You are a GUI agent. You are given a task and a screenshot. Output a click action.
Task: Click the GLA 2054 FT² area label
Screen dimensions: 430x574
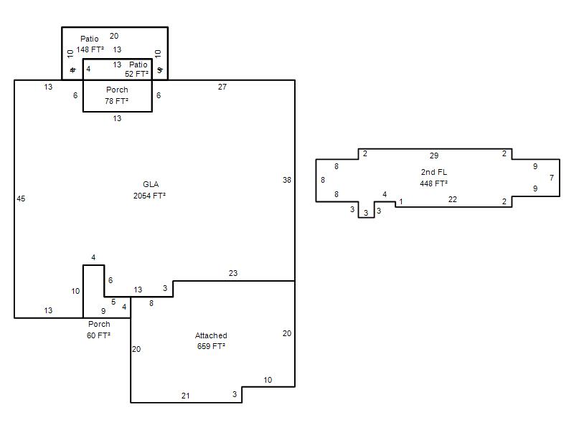[150, 190]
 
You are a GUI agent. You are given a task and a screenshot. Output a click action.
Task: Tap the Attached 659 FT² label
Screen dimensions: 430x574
[211, 341]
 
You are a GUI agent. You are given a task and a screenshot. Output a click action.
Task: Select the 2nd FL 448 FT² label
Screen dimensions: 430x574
[434, 177]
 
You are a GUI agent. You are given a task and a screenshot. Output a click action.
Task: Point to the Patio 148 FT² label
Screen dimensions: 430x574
[90, 44]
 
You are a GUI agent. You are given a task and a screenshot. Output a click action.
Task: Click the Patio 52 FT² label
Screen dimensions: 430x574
[137, 69]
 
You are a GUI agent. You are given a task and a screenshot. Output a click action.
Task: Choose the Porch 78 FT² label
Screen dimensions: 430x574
[117, 95]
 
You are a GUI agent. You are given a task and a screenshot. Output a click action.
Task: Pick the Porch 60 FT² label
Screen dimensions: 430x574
[99, 330]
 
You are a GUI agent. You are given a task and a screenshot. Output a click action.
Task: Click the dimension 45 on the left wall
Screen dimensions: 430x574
[21, 199]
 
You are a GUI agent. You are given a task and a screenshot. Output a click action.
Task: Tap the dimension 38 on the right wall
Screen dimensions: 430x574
[287, 180]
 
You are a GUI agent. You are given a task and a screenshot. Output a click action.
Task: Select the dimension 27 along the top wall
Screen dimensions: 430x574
[222, 87]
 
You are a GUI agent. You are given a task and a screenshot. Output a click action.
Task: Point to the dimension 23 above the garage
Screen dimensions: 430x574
[233, 273]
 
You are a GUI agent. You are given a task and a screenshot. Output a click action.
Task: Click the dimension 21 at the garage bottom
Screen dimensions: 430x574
[186, 396]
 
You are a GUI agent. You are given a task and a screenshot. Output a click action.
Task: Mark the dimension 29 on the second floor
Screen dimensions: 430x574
[434, 156]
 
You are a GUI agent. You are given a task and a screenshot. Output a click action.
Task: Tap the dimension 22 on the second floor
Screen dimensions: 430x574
[453, 199]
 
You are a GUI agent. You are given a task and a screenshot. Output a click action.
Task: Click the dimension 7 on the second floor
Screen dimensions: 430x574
[552, 178]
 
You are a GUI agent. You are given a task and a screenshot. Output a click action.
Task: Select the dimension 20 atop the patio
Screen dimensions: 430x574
[114, 36]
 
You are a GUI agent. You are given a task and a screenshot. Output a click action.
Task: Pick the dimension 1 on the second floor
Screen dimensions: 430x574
[401, 201]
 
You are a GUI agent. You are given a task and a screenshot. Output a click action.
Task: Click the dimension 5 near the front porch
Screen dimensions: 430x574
[113, 302]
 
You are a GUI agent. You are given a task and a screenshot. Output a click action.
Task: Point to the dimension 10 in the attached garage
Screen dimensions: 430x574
[268, 380]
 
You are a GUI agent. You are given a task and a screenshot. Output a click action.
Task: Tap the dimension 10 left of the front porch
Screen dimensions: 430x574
[76, 291]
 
